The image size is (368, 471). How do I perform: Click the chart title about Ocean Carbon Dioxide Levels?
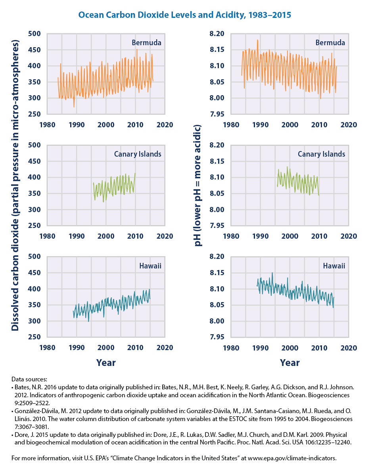[x=184, y=15]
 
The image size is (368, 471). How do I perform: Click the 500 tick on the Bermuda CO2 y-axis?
[x=35, y=34]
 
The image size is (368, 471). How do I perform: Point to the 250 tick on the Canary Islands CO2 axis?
[x=35, y=226]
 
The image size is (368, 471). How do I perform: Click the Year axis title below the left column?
[x=106, y=363]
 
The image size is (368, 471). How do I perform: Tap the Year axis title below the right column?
[x=289, y=363]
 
